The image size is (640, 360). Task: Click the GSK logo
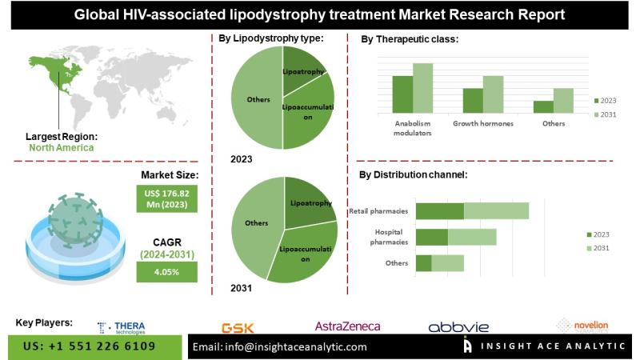[x=237, y=327]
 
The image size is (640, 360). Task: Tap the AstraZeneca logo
[x=347, y=326]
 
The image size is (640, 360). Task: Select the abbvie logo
[x=458, y=327]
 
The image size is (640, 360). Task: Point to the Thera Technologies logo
[x=122, y=327]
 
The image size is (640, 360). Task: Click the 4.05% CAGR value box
[x=166, y=272]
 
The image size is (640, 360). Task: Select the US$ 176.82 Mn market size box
[x=166, y=198]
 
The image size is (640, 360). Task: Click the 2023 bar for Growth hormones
[x=473, y=100]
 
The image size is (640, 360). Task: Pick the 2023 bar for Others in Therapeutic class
[x=543, y=106]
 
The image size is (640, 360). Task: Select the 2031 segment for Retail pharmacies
[x=496, y=211]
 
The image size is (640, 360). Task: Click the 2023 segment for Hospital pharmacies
[x=432, y=237]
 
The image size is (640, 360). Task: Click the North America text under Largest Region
[x=61, y=147]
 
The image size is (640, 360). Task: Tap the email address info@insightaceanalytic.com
[x=280, y=346]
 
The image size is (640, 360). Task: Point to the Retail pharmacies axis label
[x=378, y=211]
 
